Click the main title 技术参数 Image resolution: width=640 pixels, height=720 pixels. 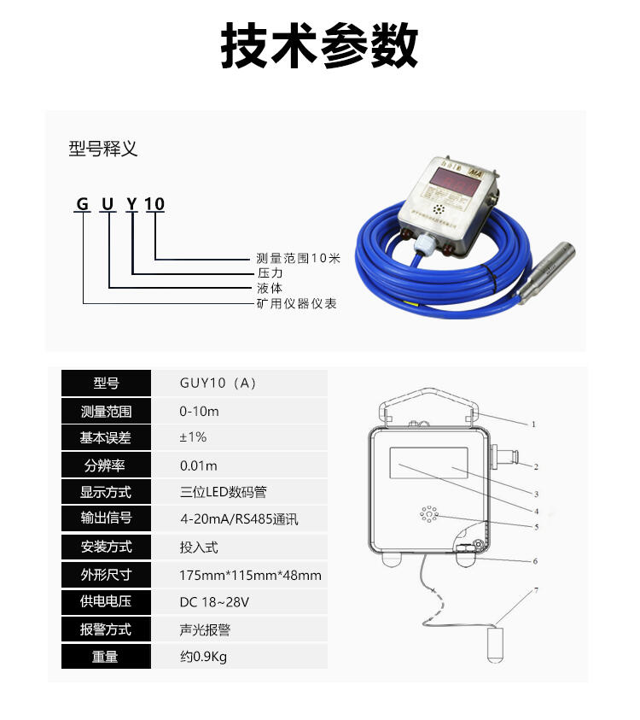[x=319, y=46]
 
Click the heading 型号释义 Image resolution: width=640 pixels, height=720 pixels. [x=102, y=149]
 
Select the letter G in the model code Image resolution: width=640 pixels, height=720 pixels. [x=83, y=204]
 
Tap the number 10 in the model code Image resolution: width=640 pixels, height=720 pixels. [x=154, y=204]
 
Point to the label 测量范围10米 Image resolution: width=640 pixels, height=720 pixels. [x=298, y=258]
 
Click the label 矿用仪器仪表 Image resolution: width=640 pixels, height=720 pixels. [x=296, y=303]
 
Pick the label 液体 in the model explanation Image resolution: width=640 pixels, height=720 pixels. [x=270, y=289]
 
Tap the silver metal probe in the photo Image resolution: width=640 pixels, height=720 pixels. [x=546, y=272]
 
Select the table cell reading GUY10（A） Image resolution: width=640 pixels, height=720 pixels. [x=218, y=383]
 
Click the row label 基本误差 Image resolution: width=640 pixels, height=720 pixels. [x=106, y=437]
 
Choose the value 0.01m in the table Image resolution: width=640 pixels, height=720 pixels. [x=198, y=465]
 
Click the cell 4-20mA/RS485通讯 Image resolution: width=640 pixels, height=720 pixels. [x=239, y=519]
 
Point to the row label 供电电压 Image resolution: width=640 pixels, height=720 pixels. [x=106, y=601]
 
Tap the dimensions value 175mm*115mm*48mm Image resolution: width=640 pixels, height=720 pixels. [x=251, y=575]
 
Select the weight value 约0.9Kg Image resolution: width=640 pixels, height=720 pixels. [x=203, y=657]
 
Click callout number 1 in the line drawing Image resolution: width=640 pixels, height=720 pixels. [x=533, y=424]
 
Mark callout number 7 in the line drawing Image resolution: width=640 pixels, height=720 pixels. [x=536, y=590]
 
